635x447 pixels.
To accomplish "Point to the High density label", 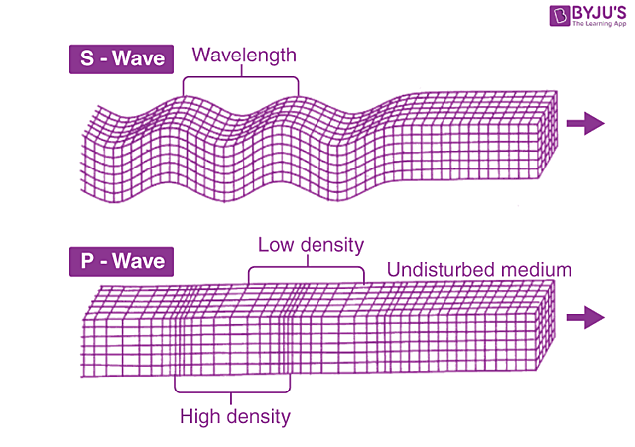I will [235, 416].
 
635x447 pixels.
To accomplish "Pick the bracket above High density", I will [232, 390].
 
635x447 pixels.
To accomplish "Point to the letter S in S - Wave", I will [86, 58].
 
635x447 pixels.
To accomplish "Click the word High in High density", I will [201, 416].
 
